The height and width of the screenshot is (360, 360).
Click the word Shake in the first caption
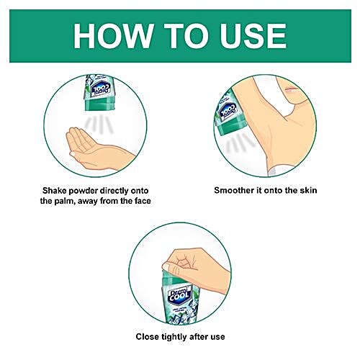point(54,191)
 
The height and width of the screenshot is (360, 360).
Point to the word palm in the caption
point(63,201)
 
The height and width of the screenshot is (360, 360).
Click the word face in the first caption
point(143,201)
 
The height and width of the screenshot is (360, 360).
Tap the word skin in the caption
point(308,190)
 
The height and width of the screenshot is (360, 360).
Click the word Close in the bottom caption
point(148,336)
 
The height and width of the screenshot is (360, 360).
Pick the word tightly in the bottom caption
point(174,337)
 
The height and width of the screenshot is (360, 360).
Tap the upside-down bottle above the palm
point(100,93)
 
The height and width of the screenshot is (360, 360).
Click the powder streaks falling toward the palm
point(99,123)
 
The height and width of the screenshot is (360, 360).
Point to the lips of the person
point(291,90)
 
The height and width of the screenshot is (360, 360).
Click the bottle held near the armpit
point(227,111)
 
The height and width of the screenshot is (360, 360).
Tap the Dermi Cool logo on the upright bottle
point(180,296)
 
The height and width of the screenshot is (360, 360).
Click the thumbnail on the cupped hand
point(73,153)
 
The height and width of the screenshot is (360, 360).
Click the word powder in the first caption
point(84,191)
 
